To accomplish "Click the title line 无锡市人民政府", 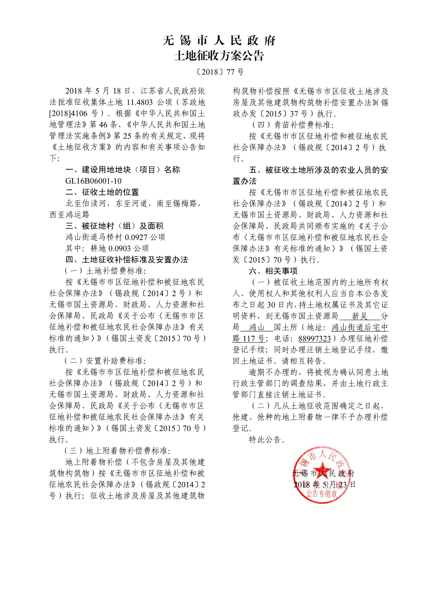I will [x=219, y=40].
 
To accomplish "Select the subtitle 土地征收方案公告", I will [x=219, y=56].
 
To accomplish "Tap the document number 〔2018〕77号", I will [x=219, y=72].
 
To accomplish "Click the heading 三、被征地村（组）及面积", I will [x=114, y=226].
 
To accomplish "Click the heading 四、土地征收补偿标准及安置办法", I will [x=127, y=260].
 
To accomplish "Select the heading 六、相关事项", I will [x=273, y=271].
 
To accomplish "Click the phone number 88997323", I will [x=314, y=339].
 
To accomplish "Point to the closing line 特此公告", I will [x=267, y=440].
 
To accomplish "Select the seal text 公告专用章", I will [x=322, y=494].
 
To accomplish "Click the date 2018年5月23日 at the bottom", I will [x=324, y=484].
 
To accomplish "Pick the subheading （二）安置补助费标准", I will [x=105, y=361].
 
